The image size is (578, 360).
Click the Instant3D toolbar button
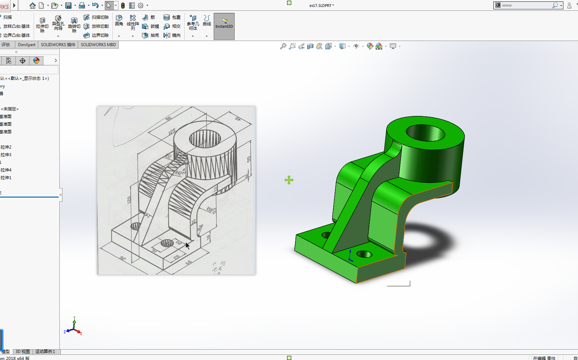point(224,26)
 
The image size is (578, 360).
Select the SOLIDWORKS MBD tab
point(98,45)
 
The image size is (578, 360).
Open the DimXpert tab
point(26,45)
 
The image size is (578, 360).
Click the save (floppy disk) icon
point(68,5)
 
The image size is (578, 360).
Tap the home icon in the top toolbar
point(33,5)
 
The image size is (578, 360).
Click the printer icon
point(82,5)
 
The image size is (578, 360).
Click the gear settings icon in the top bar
point(141,5)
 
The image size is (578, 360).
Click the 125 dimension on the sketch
point(172,132)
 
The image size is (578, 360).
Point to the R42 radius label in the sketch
point(179,173)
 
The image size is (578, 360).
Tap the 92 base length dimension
point(123,258)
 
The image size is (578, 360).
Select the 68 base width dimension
point(189,262)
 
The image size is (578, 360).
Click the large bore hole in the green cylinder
point(425,133)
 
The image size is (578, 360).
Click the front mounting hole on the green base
point(364,254)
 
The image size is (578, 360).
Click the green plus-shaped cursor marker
point(289,180)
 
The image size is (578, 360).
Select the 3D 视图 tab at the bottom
point(23,352)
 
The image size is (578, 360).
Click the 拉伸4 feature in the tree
point(6,170)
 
